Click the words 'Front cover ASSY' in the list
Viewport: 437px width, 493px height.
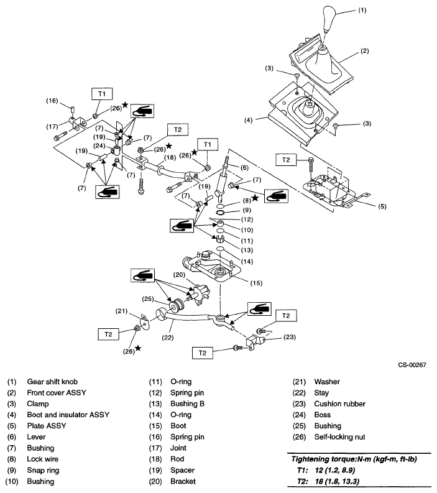pos(57,392)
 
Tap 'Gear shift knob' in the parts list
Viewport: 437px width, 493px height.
pos(53,381)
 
